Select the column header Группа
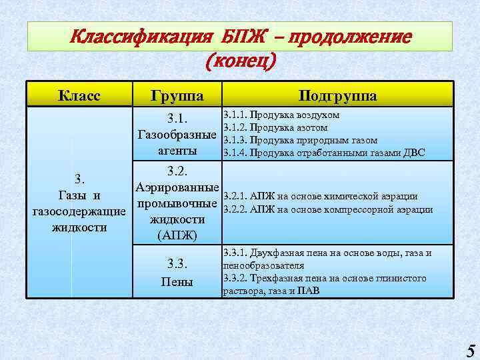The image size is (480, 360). (x=177, y=96)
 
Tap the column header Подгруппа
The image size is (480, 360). (x=338, y=96)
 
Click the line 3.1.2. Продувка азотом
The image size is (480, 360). (x=275, y=127)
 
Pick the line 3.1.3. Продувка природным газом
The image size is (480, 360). (x=301, y=140)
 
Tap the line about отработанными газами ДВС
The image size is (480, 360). (x=324, y=153)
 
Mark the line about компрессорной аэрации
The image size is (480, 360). (x=328, y=209)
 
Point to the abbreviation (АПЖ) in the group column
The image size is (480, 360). (x=177, y=235)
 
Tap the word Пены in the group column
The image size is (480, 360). (x=177, y=282)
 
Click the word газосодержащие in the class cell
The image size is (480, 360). (x=79, y=212)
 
